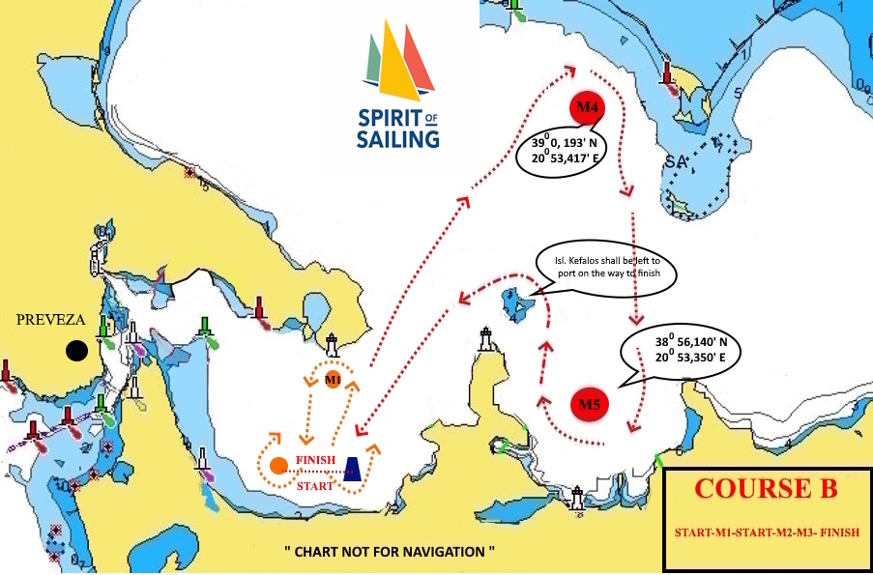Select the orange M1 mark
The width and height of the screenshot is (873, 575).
[333, 378]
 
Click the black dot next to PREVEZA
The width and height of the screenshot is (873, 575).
[74, 351]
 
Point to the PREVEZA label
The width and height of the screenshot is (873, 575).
[50, 320]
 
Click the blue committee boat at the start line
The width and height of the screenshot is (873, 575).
[354, 469]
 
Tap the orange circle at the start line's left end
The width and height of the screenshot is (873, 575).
[278, 465]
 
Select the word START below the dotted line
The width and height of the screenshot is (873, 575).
[315, 485]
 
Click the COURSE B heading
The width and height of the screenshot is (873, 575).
[767, 489]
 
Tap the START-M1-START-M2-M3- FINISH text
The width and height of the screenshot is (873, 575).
[767, 533]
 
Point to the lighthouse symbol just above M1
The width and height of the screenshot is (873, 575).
[332, 345]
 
